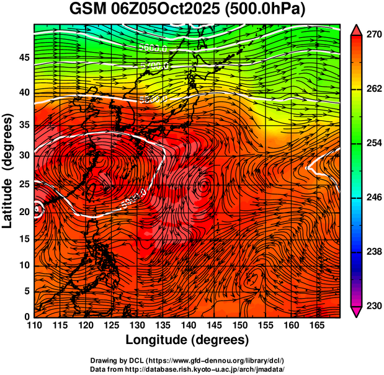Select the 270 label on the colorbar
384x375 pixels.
373,35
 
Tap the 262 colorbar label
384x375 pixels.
373,89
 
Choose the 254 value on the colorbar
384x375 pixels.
373,143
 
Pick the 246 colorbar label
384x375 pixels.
373,198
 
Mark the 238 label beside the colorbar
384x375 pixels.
373,252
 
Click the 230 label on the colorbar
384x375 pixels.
373,306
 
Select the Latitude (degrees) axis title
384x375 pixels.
8,170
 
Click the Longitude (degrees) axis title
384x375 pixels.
187,340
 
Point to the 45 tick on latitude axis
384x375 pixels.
24,58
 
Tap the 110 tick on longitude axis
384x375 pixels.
34,325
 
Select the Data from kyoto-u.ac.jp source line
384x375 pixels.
187,369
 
